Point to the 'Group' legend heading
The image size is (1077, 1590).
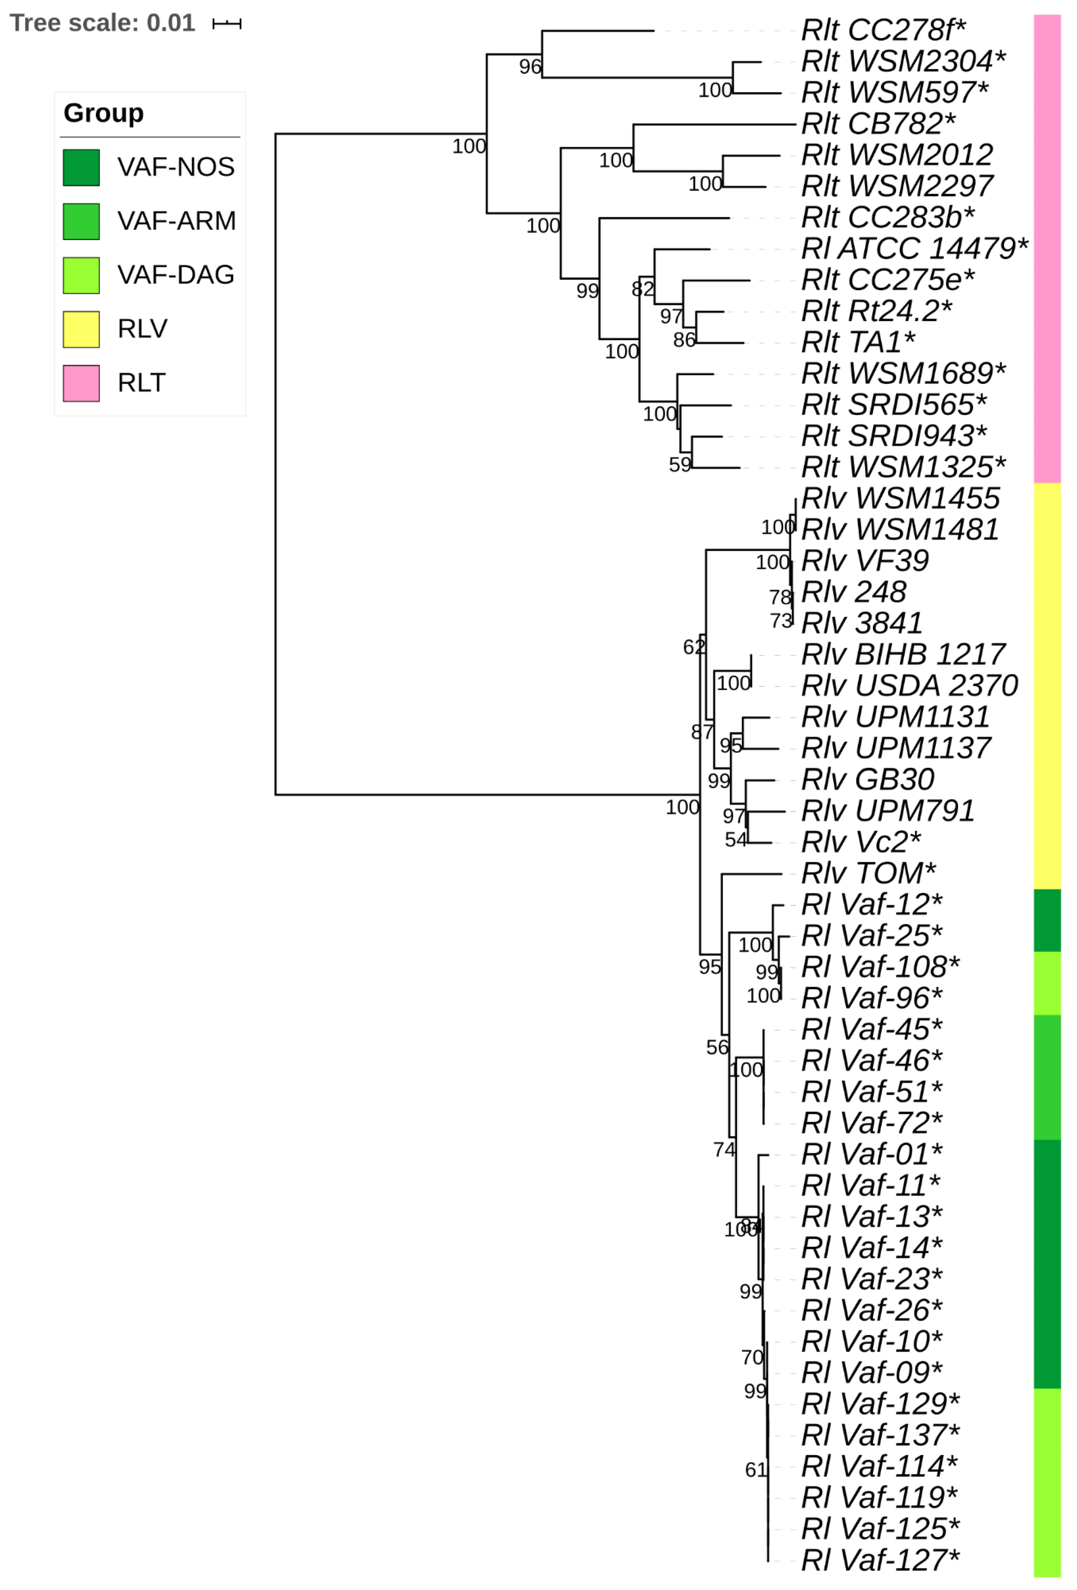click(103, 113)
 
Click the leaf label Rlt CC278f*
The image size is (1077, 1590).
click(883, 30)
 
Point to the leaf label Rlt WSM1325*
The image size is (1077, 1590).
click(903, 467)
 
